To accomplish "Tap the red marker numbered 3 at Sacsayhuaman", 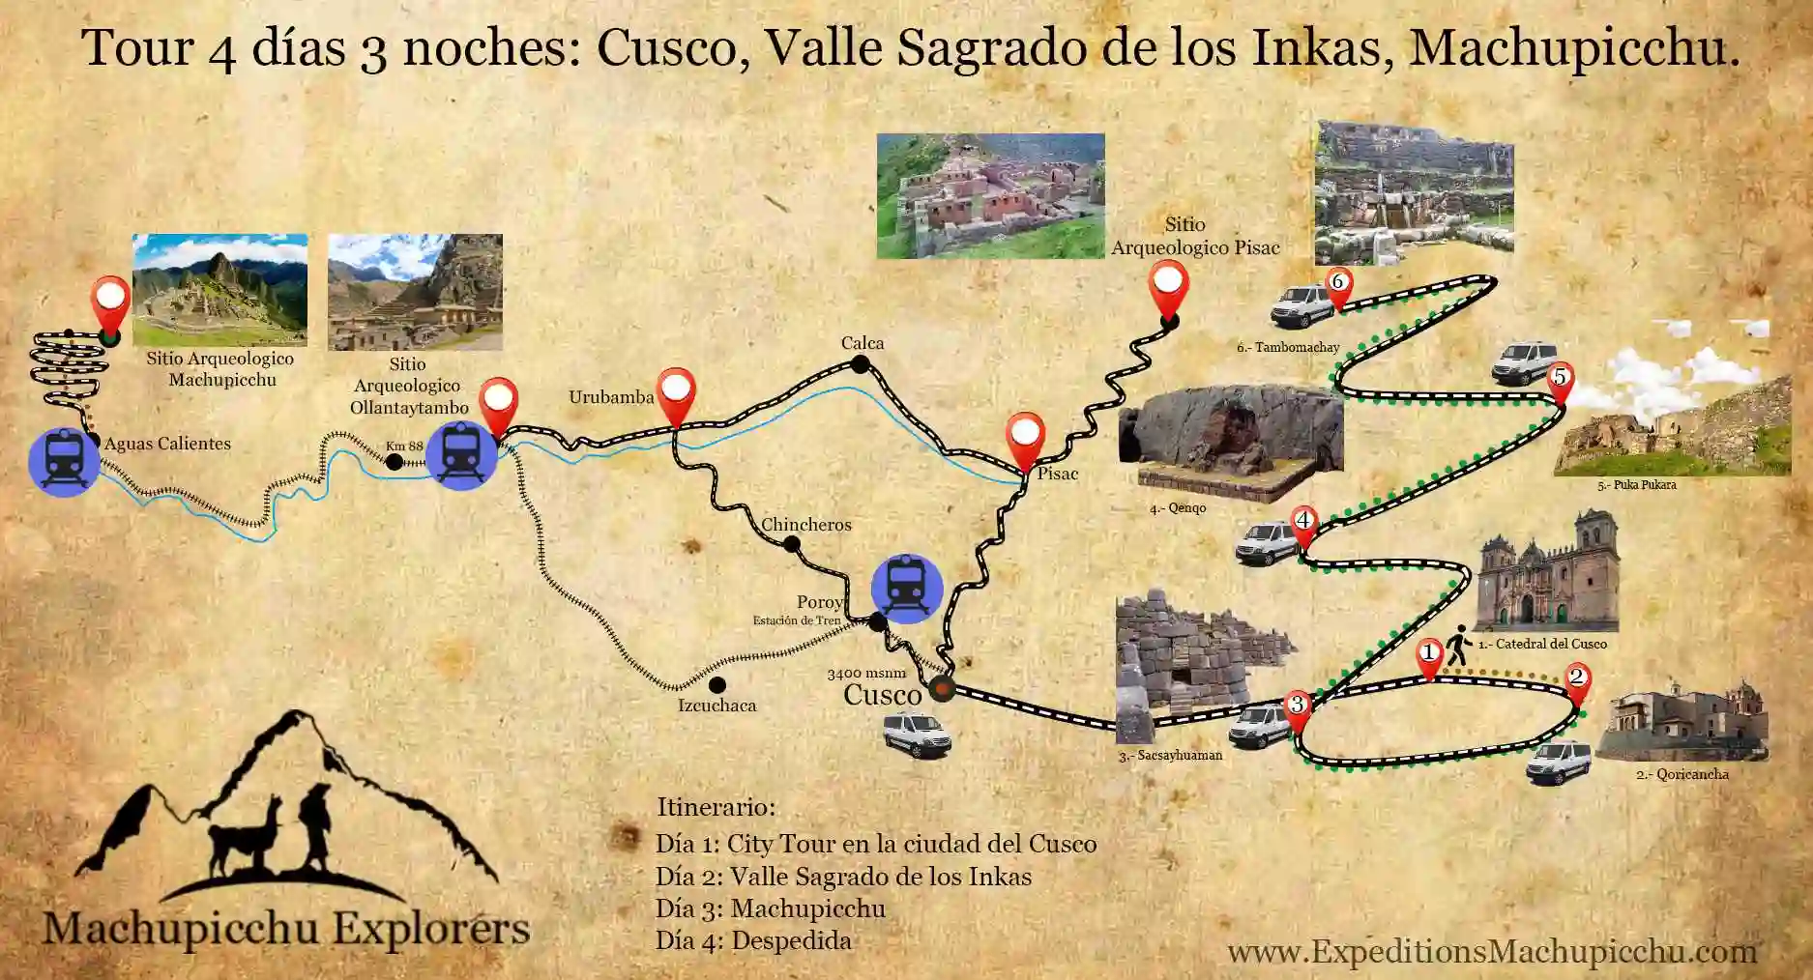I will point(1297,706).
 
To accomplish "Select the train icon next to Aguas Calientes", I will point(64,462).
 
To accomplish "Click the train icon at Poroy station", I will point(906,587).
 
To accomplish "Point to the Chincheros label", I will point(806,525).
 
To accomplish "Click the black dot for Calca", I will point(860,364).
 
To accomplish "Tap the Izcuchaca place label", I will point(716,706).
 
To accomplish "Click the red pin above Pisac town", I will point(1024,438).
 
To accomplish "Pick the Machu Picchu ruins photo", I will point(219,289).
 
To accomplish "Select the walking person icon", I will point(1457,646).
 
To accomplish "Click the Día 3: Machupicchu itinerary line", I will point(770,908).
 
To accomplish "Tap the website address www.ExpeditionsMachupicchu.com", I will point(1492,951).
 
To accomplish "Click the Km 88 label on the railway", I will point(404,446).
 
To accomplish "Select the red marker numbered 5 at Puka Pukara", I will point(1559,380).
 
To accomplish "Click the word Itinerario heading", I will point(716,807).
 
